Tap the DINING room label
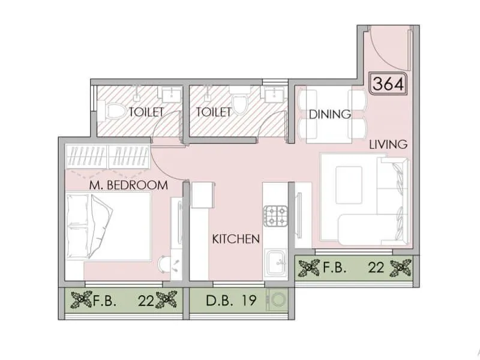coord(329,115)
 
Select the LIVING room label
coord(388,144)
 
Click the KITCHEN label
coord(236,239)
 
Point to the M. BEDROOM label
coord(128,185)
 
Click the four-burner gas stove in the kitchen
coord(277,216)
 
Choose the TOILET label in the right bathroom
coord(213,112)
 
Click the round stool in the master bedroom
coord(163,265)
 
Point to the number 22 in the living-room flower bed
coord(376,268)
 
